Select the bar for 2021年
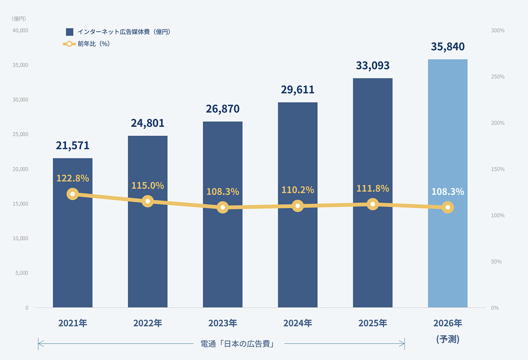tap(73, 255)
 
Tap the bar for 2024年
tap(298, 255)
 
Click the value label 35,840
tap(447, 47)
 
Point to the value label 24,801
tap(147, 123)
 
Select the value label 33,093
tap(373, 66)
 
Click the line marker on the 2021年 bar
tap(73, 194)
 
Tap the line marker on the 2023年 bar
tap(223, 207)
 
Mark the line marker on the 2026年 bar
tap(447, 207)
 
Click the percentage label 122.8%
tap(73, 178)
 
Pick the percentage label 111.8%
tap(373, 188)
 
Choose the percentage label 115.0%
tap(147, 185)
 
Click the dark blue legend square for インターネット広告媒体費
tap(70, 32)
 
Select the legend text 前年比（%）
tap(93, 44)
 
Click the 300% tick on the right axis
tap(498, 30)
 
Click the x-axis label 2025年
tap(373, 323)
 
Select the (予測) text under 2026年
tap(447, 339)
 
